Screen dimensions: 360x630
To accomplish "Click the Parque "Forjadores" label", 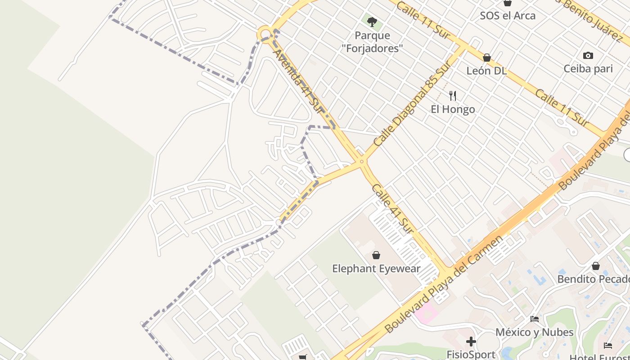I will coord(372,42).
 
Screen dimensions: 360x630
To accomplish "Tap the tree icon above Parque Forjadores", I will coord(372,22).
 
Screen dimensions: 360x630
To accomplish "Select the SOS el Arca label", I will coord(508,16).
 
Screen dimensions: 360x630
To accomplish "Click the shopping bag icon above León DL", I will coord(486,58).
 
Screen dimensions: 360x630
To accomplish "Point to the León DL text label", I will coord(486,71).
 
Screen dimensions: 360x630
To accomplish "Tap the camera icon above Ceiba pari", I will coord(588,56).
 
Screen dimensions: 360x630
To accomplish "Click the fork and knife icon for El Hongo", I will coord(453,96).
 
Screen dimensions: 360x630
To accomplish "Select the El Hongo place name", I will coord(453,109).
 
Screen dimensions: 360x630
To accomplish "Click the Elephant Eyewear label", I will coord(376,269).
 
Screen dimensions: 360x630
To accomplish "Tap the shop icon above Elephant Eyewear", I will coord(376,256).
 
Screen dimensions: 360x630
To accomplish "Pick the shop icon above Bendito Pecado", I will coord(596,266).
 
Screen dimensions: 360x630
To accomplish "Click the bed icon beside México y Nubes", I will coord(535,319).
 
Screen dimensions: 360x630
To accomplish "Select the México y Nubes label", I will coord(535,332).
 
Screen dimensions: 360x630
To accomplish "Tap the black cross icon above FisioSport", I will coord(471,342).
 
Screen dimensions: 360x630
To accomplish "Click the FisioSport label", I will coord(471,355).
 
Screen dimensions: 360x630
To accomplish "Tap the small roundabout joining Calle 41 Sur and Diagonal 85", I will coord(361,162).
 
